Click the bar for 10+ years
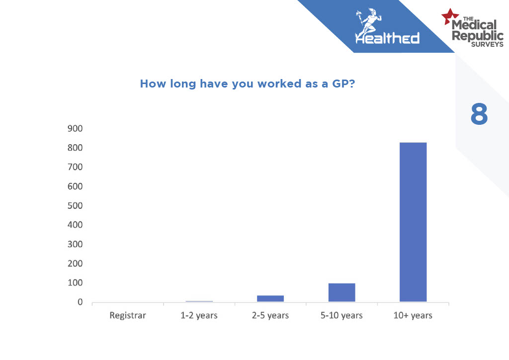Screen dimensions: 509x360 [x=413, y=222]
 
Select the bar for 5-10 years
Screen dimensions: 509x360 [x=341, y=292]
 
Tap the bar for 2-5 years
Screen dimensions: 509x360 [x=270, y=299]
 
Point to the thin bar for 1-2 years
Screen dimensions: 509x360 [x=199, y=301]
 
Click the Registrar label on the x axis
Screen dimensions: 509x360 [x=128, y=316]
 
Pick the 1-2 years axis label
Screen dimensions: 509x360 [x=199, y=316]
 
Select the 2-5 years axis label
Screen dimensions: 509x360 [x=270, y=316]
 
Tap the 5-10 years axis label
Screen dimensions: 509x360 [x=341, y=316]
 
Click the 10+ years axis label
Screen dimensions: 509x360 [x=413, y=316]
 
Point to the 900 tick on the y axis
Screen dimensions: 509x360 [x=75, y=129]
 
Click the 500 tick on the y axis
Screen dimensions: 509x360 [x=75, y=206]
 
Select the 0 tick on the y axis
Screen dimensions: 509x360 [x=80, y=302]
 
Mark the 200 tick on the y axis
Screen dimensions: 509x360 [x=75, y=264]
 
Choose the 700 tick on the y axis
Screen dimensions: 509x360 [x=75, y=167]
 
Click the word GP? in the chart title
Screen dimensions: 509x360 [x=343, y=84]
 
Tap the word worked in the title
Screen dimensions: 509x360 [x=279, y=84]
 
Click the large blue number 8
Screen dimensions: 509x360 [x=479, y=114]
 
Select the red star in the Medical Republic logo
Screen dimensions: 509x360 [x=449, y=16]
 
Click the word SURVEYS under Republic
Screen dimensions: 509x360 [x=487, y=44]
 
